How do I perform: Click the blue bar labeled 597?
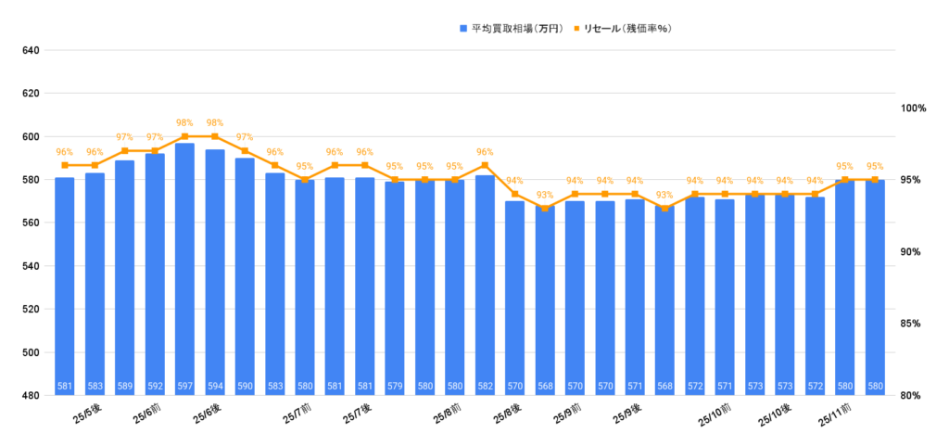184,269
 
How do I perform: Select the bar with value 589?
124,278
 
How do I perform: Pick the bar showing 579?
395,288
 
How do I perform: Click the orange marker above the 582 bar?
485,165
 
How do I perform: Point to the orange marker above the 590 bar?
245,150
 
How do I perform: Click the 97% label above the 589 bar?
124,137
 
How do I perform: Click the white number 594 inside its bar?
214,387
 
